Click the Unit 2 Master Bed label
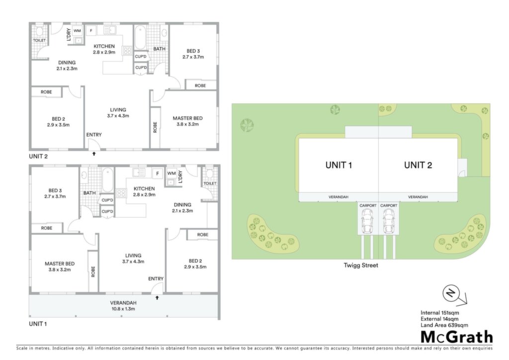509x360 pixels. pyautogui.click(x=187, y=121)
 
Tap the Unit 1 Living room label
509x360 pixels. pyautogui.click(x=133, y=259)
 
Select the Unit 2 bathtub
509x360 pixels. pyautogui.click(x=140, y=37)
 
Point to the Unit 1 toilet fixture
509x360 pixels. pyautogui.click(x=209, y=174)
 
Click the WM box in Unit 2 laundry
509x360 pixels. pyautogui.click(x=77, y=30)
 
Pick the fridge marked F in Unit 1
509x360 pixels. pyautogui.click(x=158, y=174)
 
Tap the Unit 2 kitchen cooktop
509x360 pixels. pyautogui.click(x=127, y=50)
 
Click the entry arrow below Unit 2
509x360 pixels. pyautogui.click(x=94, y=154)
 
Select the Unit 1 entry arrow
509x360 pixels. pyautogui.click(x=157, y=297)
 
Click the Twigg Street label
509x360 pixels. pyautogui.click(x=361, y=265)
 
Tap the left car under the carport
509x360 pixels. pyautogui.click(x=367, y=221)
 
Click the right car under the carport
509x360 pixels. pyautogui.click(x=389, y=221)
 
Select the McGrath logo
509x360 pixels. pyautogui.click(x=457, y=337)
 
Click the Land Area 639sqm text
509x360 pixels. pyautogui.click(x=444, y=325)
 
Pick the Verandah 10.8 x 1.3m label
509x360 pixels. pyautogui.click(x=123, y=306)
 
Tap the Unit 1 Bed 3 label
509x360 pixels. pyautogui.click(x=55, y=193)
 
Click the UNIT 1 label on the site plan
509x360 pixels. pyautogui.click(x=339, y=165)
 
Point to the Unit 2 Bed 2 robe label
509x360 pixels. pyautogui.click(x=46, y=92)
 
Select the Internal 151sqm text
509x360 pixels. pyautogui.click(x=440, y=313)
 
